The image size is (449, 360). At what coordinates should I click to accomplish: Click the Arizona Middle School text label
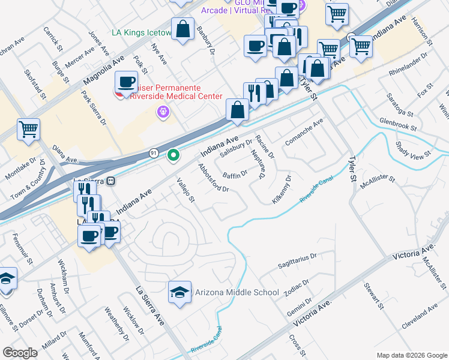click(237, 293)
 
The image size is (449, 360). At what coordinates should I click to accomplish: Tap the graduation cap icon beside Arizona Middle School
click(180, 292)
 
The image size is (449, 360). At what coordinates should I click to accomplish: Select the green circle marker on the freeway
click(173, 156)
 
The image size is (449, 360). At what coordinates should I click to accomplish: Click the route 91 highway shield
click(153, 154)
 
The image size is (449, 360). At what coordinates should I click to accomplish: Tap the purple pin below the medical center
click(162, 111)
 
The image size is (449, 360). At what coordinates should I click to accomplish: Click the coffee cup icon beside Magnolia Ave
click(127, 81)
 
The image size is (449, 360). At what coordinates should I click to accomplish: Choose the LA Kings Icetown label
click(142, 32)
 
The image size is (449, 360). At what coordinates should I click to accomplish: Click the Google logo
click(20, 353)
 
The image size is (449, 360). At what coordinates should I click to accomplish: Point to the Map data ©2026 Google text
click(412, 355)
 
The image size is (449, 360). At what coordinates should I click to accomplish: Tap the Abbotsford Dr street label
click(214, 179)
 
